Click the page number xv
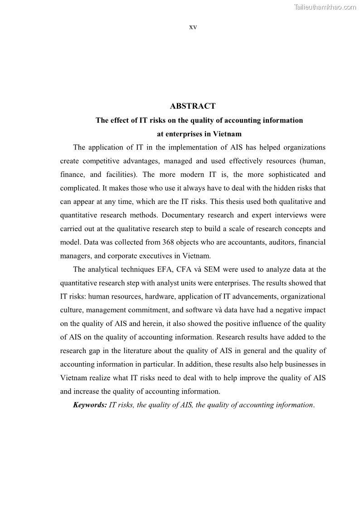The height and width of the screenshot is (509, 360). [193, 27]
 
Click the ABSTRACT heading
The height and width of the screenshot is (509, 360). [193, 106]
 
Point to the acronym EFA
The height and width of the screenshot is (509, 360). [170, 269]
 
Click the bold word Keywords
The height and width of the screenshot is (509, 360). [90, 405]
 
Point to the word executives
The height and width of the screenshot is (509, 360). [154, 256]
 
